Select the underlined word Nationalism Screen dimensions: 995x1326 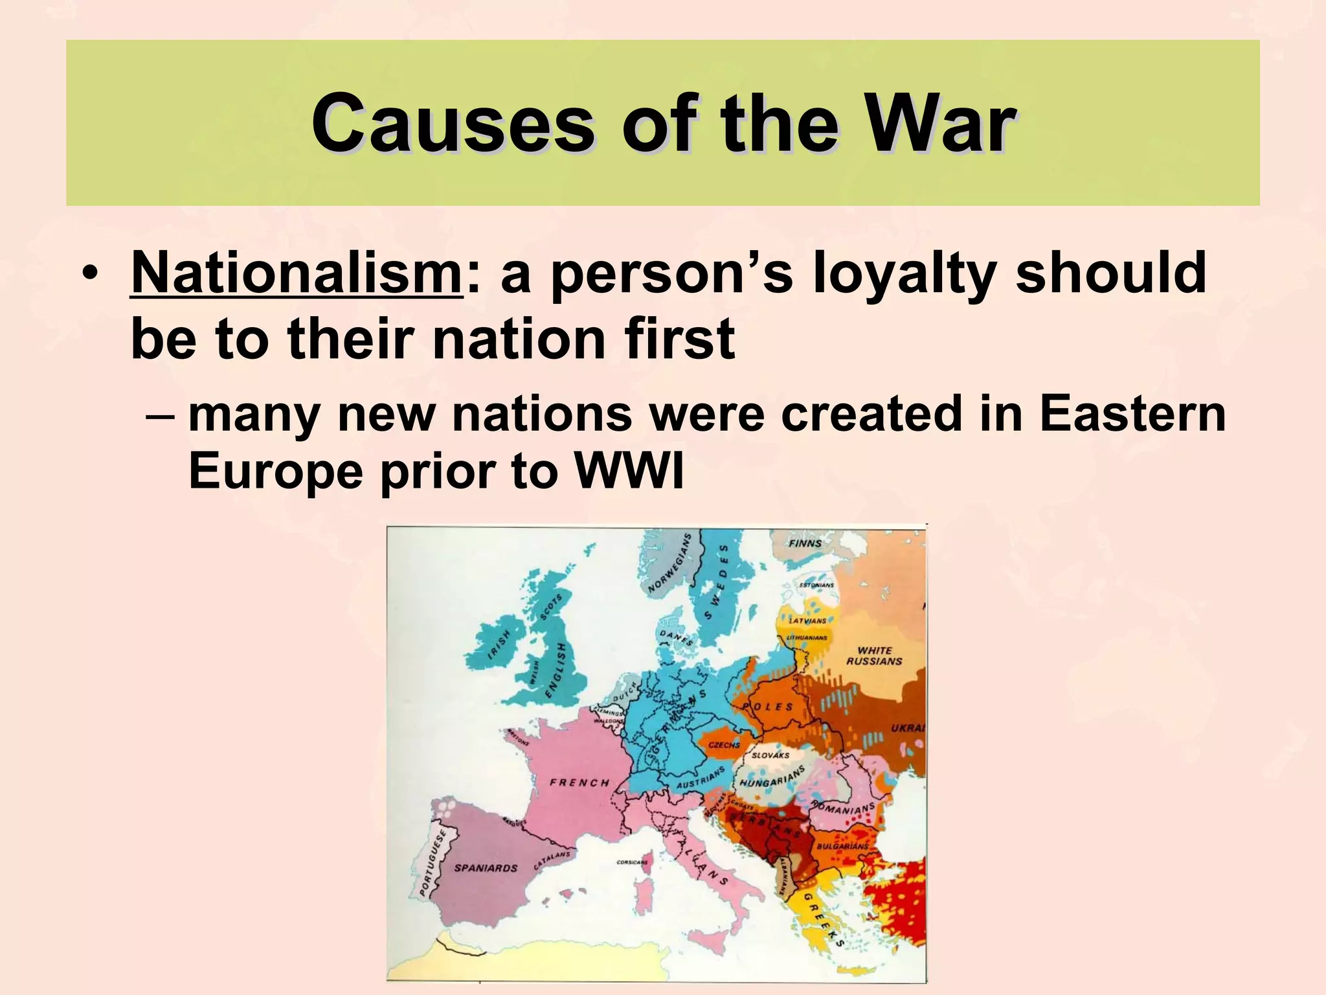pos(296,273)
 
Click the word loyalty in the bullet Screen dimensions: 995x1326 pos(904,273)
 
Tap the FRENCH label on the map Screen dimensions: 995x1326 pos(579,783)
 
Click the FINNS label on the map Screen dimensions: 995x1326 pos(805,543)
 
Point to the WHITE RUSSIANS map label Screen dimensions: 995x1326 pos(874,656)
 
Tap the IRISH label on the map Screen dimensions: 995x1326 pos(499,645)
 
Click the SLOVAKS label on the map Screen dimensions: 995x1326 pos(770,755)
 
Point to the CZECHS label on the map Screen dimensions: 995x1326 pos(724,745)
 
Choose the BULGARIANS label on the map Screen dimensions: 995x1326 pos(842,846)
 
